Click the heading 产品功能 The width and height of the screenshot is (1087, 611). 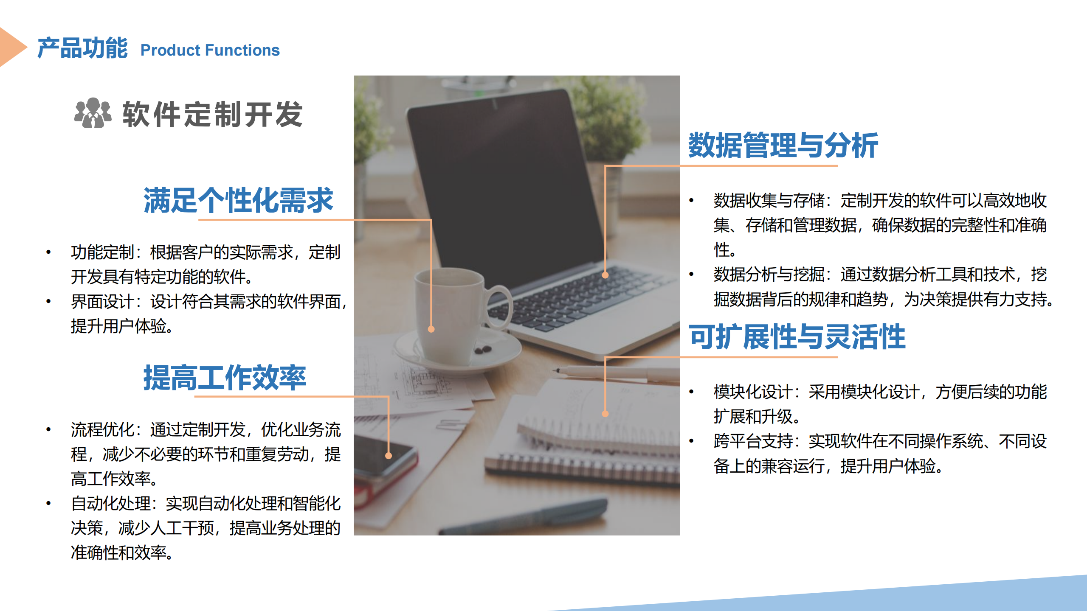click(82, 48)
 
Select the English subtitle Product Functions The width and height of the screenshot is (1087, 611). click(210, 50)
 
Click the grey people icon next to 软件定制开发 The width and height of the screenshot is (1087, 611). click(93, 113)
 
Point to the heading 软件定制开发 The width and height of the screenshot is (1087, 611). click(213, 114)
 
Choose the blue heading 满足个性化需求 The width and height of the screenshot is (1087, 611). click(238, 200)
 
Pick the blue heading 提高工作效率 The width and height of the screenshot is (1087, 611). click(225, 377)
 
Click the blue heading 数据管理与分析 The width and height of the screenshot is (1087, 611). click(783, 145)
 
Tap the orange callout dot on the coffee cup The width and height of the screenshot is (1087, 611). click(431, 329)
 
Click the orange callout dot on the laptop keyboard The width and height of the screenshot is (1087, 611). click(605, 275)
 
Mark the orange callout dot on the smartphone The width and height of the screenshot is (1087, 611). click(388, 456)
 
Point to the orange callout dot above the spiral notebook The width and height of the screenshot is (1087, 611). click(605, 414)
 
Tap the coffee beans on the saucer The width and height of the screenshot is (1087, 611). click(483, 350)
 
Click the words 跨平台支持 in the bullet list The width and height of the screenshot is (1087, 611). click(753, 441)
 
